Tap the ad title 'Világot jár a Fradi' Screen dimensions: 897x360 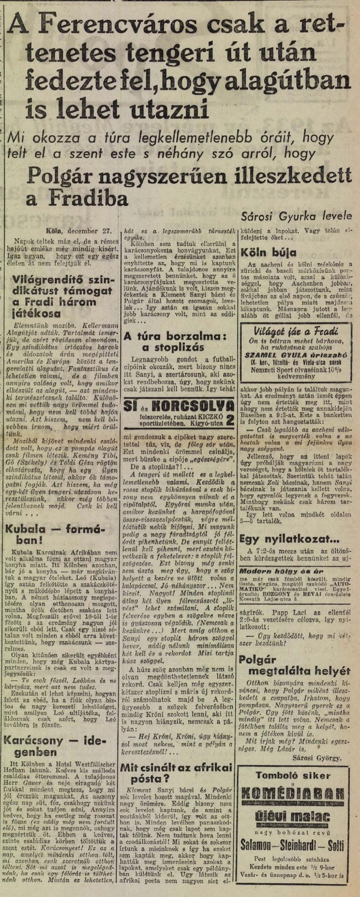(296, 331)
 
